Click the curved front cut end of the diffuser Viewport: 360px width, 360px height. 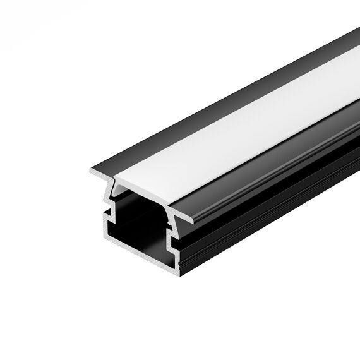[142, 182]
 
